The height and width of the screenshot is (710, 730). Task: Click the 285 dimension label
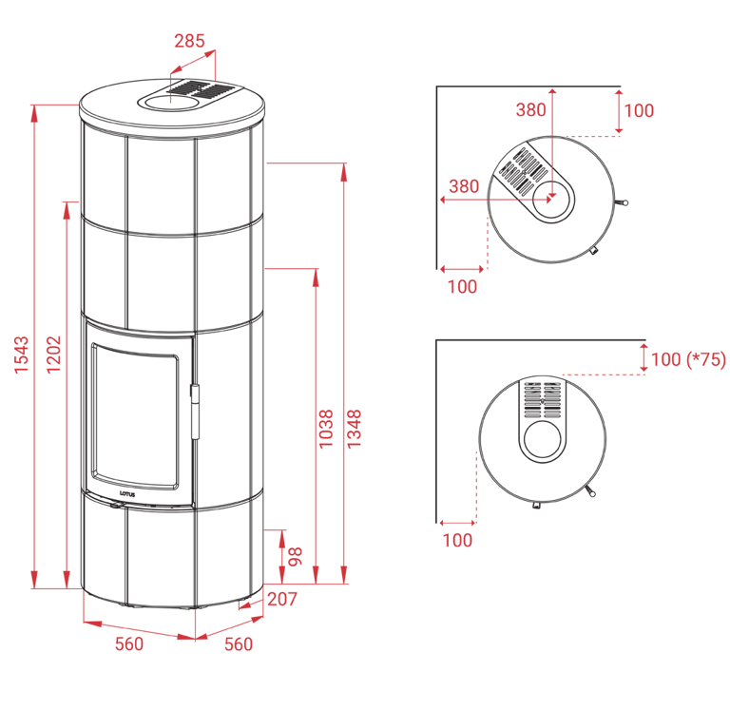pyautogui.click(x=189, y=41)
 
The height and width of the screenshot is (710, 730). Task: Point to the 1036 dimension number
pyautogui.click(x=327, y=430)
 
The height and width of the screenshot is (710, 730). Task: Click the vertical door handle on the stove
pyautogui.click(x=194, y=412)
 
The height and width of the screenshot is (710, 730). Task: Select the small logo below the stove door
pyautogui.click(x=129, y=494)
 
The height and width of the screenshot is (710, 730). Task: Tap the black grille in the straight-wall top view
pyautogui.click(x=543, y=400)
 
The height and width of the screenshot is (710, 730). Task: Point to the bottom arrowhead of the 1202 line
pyautogui.click(x=67, y=577)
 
